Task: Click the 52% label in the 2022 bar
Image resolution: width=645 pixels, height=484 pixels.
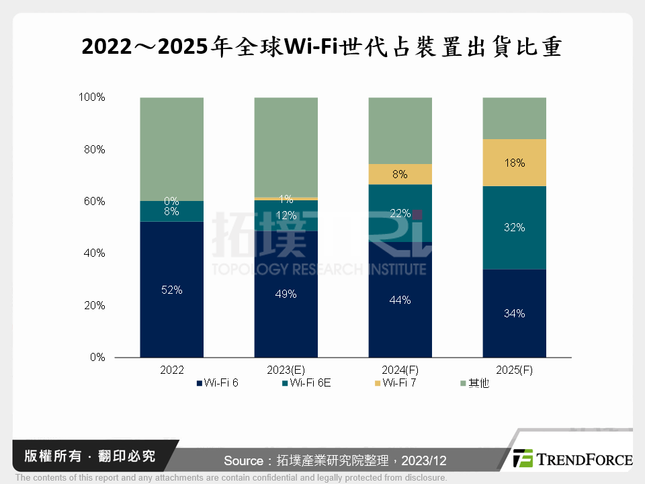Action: pyautogui.click(x=171, y=290)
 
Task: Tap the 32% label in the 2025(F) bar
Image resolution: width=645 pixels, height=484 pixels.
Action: pyautogui.click(x=514, y=228)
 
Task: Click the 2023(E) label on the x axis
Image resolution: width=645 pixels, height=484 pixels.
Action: pyautogui.click(x=286, y=370)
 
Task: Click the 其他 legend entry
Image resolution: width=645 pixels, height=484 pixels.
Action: pyautogui.click(x=478, y=383)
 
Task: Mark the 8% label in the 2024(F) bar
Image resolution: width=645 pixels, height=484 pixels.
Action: pyautogui.click(x=400, y=175)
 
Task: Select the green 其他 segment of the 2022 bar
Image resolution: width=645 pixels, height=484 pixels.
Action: pyautogui.click(x=171, y=148)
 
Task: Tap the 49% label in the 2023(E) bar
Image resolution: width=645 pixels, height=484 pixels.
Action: pyautogui.click(x=286, y=294)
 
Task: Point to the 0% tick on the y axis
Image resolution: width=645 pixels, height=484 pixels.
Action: pyautogui.click(x=97, y=358)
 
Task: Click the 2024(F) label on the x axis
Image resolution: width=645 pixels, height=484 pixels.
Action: pyautogui.click(x=400, y=370)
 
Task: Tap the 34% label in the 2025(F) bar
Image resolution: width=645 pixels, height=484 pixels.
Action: pyautogui.click(x=514, y=313)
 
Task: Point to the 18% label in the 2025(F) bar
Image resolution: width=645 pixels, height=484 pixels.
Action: pyautogui.click(x=514, y=163)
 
